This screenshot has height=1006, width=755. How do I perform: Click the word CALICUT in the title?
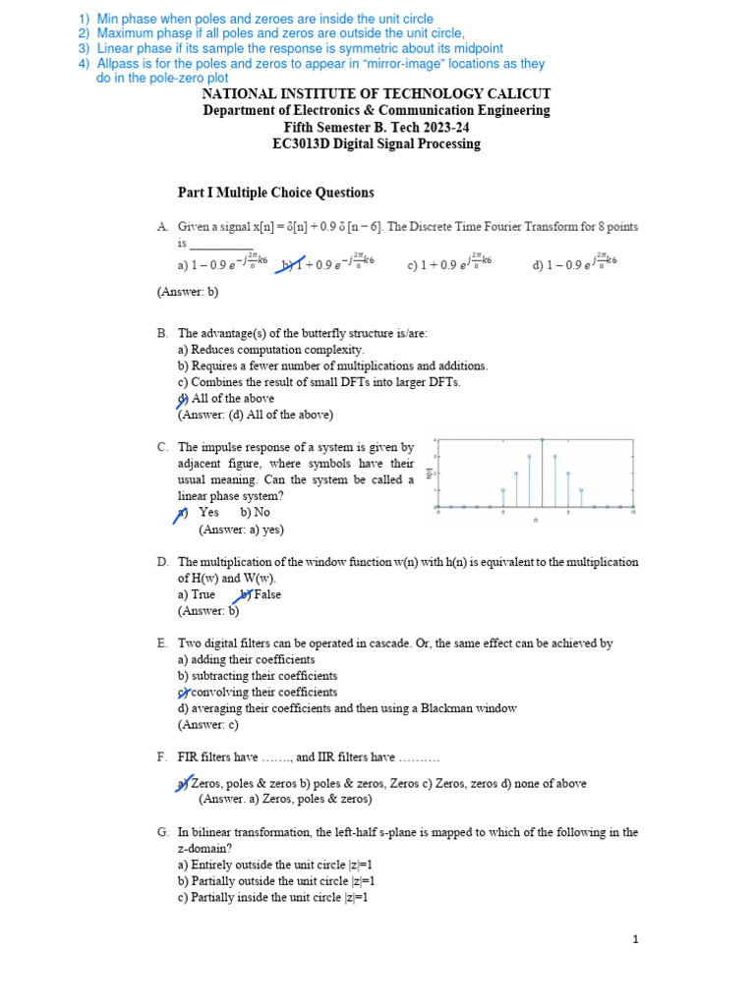click(509, 93)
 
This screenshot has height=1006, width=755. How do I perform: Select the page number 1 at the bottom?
click(636, 939)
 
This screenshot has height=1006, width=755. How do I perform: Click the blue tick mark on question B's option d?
click(182, 399)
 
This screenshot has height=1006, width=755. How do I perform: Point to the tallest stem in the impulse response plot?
click(543, 472)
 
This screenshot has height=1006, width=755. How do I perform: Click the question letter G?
click(162, 832)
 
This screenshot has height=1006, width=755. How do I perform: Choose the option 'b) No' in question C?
click(255, 512)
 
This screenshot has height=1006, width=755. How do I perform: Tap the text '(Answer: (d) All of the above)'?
click(256, 415)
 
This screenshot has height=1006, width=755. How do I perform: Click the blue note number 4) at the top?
click(84, 63)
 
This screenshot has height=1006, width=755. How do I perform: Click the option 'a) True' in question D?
click(197, 594)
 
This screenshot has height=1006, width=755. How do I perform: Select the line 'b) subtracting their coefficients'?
click(258, 676)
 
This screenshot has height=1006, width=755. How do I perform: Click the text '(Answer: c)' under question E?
click(208, 725)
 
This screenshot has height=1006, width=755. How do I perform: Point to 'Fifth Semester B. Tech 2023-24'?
click(377, 127)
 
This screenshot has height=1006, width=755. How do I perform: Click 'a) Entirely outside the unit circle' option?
click(275, 865)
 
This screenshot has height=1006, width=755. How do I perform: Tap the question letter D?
click(162, 562)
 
